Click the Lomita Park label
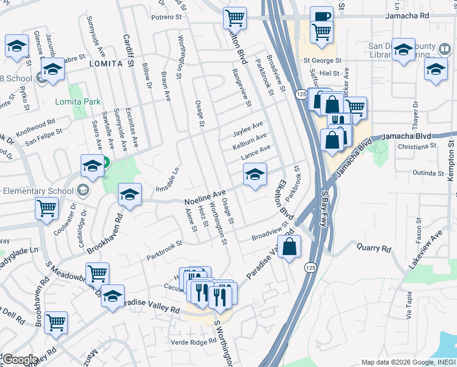[x=78, y=102]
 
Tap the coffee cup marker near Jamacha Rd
[x=321, y=17]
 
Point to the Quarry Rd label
[x=378, y=249]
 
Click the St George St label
[x=322, y=61]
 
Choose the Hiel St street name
[x=329, y=72]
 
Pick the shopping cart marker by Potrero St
[x=234, y=18]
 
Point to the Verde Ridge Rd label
[x=189, y=342]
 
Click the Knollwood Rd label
[x=35, y=128]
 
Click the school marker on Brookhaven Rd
[x=130, y=195]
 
